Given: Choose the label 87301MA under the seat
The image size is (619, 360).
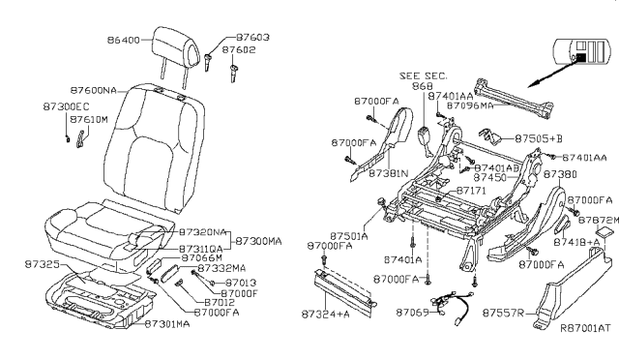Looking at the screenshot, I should (x=169, y=323).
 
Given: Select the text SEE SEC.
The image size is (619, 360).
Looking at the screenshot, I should (x=421, y=75).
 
